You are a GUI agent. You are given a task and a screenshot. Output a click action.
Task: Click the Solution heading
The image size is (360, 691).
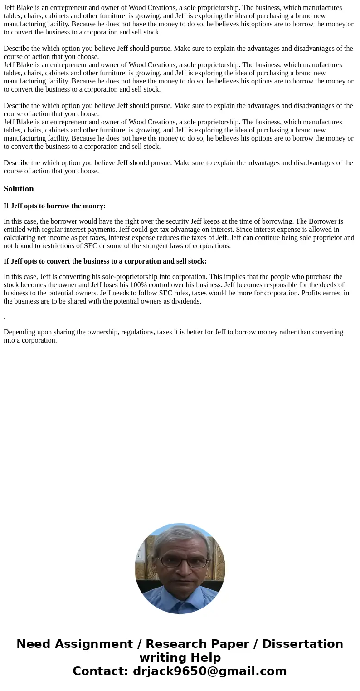19,189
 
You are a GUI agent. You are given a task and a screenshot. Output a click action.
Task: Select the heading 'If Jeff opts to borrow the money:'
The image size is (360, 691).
54,206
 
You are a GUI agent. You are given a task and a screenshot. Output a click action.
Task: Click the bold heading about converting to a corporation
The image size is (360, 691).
105,261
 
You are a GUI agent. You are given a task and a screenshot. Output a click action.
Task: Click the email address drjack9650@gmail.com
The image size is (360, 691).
210,671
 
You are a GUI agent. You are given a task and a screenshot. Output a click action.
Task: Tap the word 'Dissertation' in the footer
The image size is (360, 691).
302,644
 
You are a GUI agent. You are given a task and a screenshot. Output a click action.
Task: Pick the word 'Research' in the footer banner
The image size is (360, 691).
176,644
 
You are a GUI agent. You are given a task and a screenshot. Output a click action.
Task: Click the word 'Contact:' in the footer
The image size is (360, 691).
100,671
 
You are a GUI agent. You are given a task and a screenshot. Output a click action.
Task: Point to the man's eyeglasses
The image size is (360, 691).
183,562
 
